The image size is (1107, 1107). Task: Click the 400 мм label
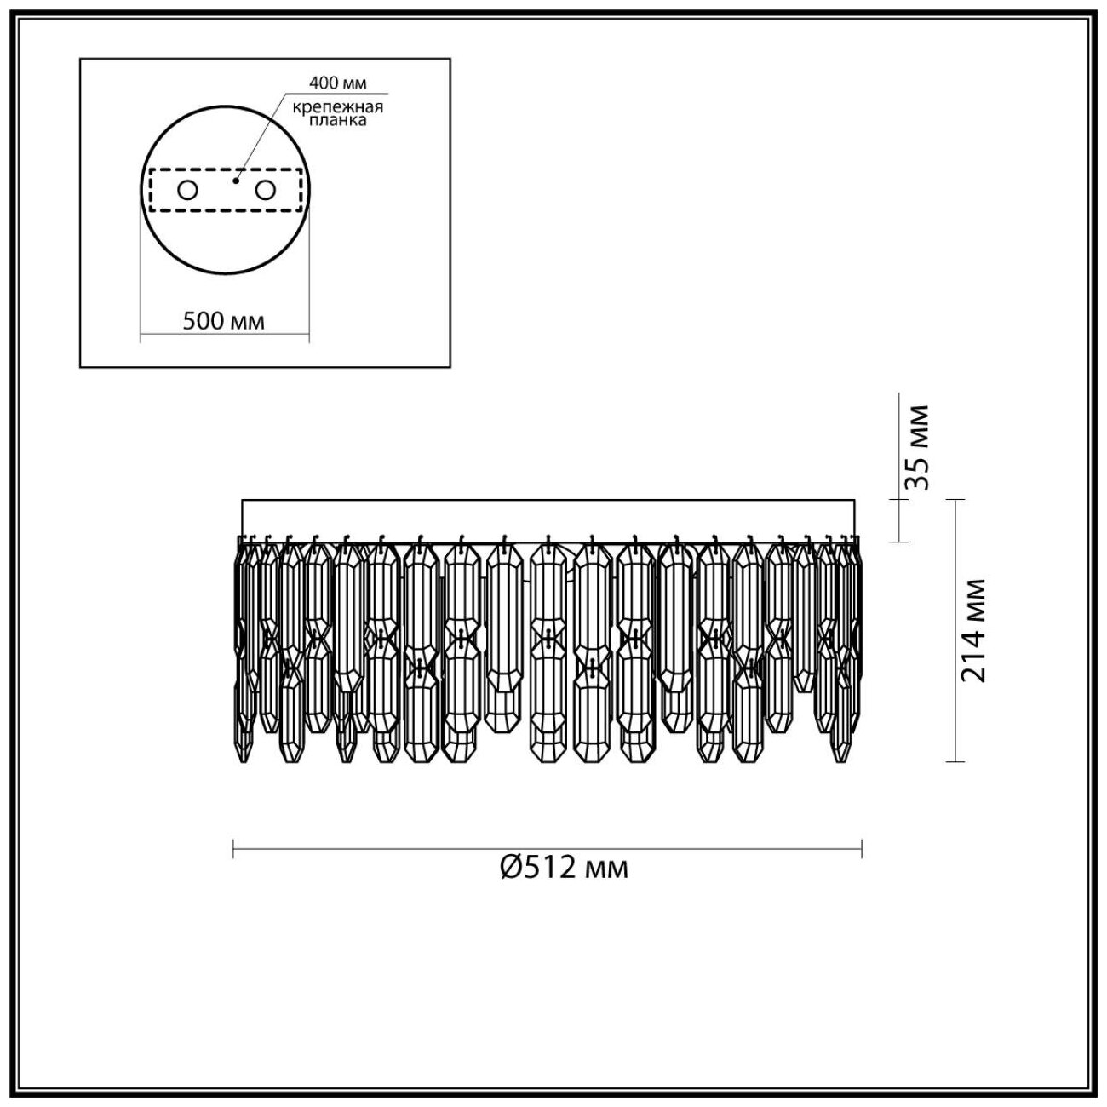338,83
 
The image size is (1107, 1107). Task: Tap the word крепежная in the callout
338,106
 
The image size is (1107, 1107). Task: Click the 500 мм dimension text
224,321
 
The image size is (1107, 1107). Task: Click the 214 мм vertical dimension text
973,630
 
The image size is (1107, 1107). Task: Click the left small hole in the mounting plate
188,190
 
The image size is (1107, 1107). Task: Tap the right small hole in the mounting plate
266,190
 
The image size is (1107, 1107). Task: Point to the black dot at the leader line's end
236,181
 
